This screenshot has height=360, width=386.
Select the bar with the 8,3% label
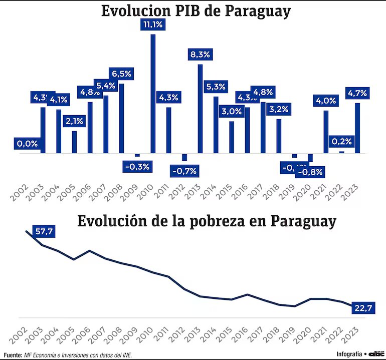point(200,109)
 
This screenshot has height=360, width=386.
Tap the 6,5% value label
point(120,74)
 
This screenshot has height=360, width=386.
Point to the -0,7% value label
point(184,171)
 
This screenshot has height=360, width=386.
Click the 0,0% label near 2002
point(27,144)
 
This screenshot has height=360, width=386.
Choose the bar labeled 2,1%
point(75,142)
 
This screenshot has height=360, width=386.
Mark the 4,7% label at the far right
point(357,93)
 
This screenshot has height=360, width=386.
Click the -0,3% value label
point(137,166)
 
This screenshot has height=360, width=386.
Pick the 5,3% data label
point(216,87)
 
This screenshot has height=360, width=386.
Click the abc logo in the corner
point(375,353)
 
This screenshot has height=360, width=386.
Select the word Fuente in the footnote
point(12,354)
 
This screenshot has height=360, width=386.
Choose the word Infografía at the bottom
point(349,354)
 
